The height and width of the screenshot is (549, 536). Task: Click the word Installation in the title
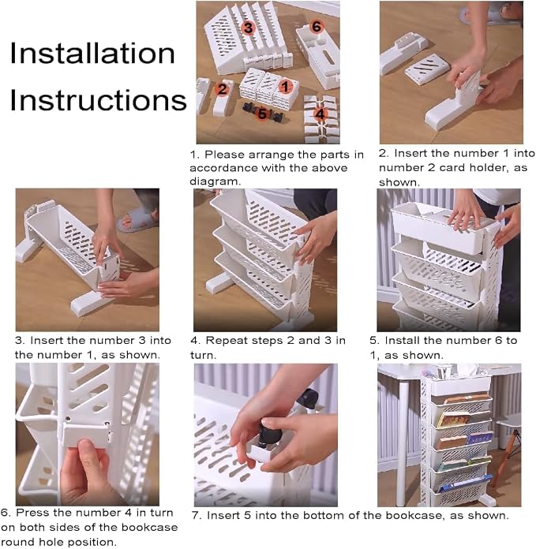coord(92,53)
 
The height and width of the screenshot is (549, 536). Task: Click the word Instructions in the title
coord(98,100)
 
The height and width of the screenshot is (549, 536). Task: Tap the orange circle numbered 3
coord(248,28)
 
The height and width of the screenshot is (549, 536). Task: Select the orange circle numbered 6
coord(316,26)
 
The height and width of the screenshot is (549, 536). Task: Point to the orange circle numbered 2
coord(222,89)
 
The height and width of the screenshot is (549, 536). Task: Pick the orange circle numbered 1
coord(286,87)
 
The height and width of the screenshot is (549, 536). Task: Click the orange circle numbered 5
coord(262,114)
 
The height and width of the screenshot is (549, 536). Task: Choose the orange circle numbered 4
coord(320,114)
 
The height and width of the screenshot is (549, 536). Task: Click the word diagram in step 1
coord(214,181)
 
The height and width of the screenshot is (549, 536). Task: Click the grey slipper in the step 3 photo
coord(135,220)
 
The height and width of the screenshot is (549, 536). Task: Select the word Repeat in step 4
coord(223,341)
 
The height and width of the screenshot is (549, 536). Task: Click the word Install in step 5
coord(401,340)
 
